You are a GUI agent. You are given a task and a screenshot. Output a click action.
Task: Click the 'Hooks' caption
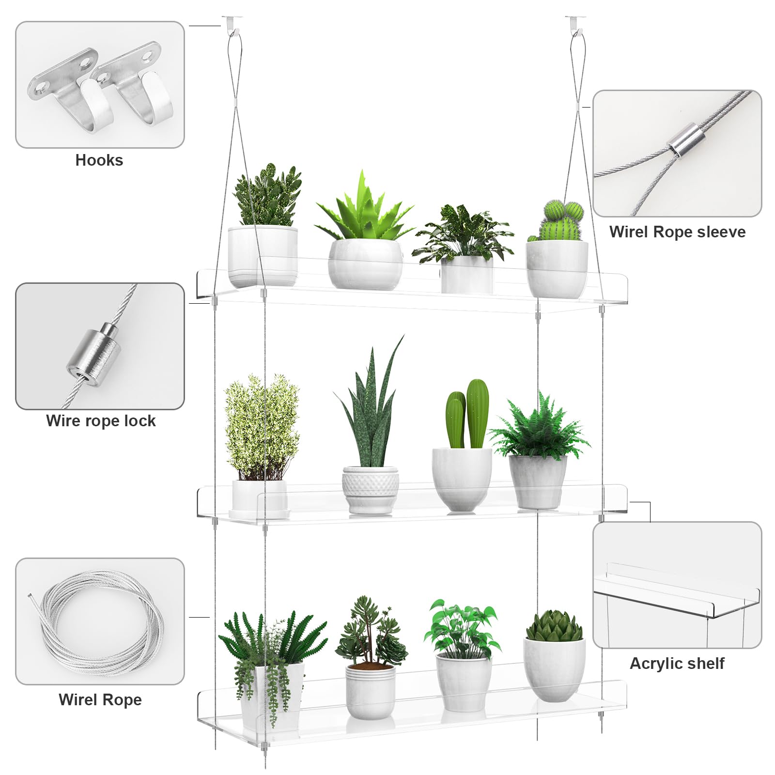[99, 160]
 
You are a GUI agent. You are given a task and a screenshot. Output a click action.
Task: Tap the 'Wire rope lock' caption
[101, 421]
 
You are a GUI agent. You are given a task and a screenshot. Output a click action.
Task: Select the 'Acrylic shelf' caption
[677, 663]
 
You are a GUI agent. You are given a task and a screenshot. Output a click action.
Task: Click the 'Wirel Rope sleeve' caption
[677, 232]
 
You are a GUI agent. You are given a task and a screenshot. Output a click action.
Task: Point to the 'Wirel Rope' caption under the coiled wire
[100, 700]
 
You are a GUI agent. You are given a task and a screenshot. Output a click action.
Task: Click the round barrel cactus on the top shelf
[562, 220]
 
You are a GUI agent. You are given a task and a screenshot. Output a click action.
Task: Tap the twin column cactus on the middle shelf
[467, 414]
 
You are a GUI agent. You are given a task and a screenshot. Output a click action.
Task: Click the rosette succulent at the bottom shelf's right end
[554, 626]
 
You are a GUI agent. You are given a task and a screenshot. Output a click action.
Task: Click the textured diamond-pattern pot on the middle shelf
[371, 489]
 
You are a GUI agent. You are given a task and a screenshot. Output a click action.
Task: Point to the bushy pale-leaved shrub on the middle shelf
[262, 426]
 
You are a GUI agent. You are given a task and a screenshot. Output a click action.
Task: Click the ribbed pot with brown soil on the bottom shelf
[371, 690]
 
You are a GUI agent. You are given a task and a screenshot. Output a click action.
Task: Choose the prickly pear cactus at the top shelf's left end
[266, 196]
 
